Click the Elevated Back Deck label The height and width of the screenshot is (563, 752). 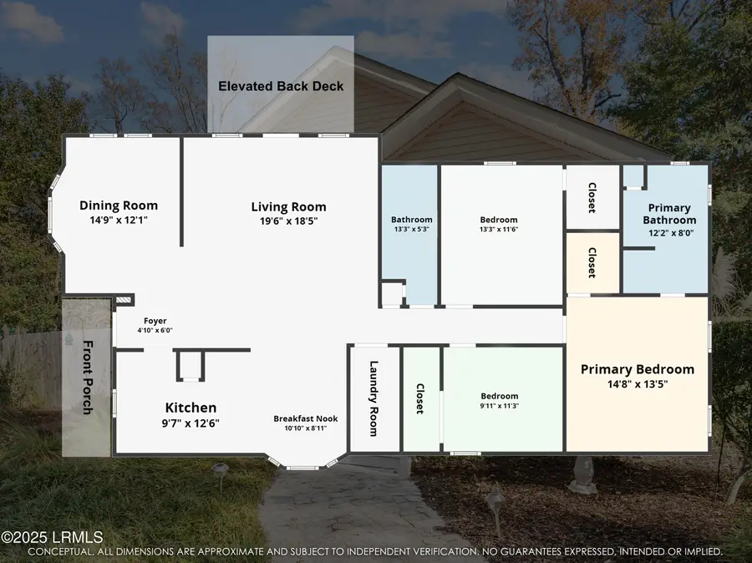click(281, 86)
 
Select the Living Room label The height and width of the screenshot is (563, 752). click(288, 206)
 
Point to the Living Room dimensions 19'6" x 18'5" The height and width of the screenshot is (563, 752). click(288, 221)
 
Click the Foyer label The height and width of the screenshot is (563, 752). click(155, 320)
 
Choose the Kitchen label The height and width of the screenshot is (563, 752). click(191, 408)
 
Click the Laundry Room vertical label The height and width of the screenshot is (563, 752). click(374, 398)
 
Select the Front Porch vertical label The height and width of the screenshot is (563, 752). click(88, 378)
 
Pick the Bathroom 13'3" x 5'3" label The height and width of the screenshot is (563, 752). click(412, 220)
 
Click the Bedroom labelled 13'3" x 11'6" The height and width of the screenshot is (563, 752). click(499, 220)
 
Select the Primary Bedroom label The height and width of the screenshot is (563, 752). click(638, 369)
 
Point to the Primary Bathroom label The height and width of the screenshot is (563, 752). click(669, 214)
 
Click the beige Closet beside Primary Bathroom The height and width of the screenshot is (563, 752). click(592, 262)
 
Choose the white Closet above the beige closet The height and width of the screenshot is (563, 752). click(592, 198)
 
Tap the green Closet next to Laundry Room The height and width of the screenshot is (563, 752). click(419, 398)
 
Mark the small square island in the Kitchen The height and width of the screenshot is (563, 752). click(189, 365)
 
